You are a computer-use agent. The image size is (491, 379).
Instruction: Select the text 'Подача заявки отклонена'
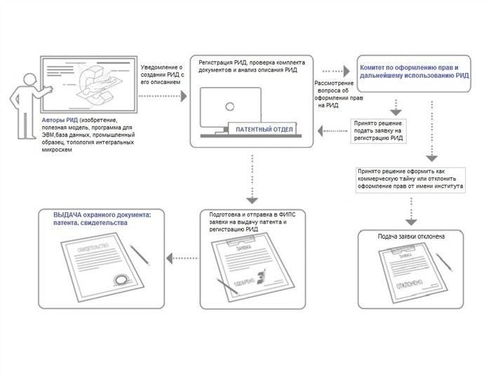[x=411, y=236]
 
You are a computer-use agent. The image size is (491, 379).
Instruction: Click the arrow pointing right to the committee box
[x=336, y=70]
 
